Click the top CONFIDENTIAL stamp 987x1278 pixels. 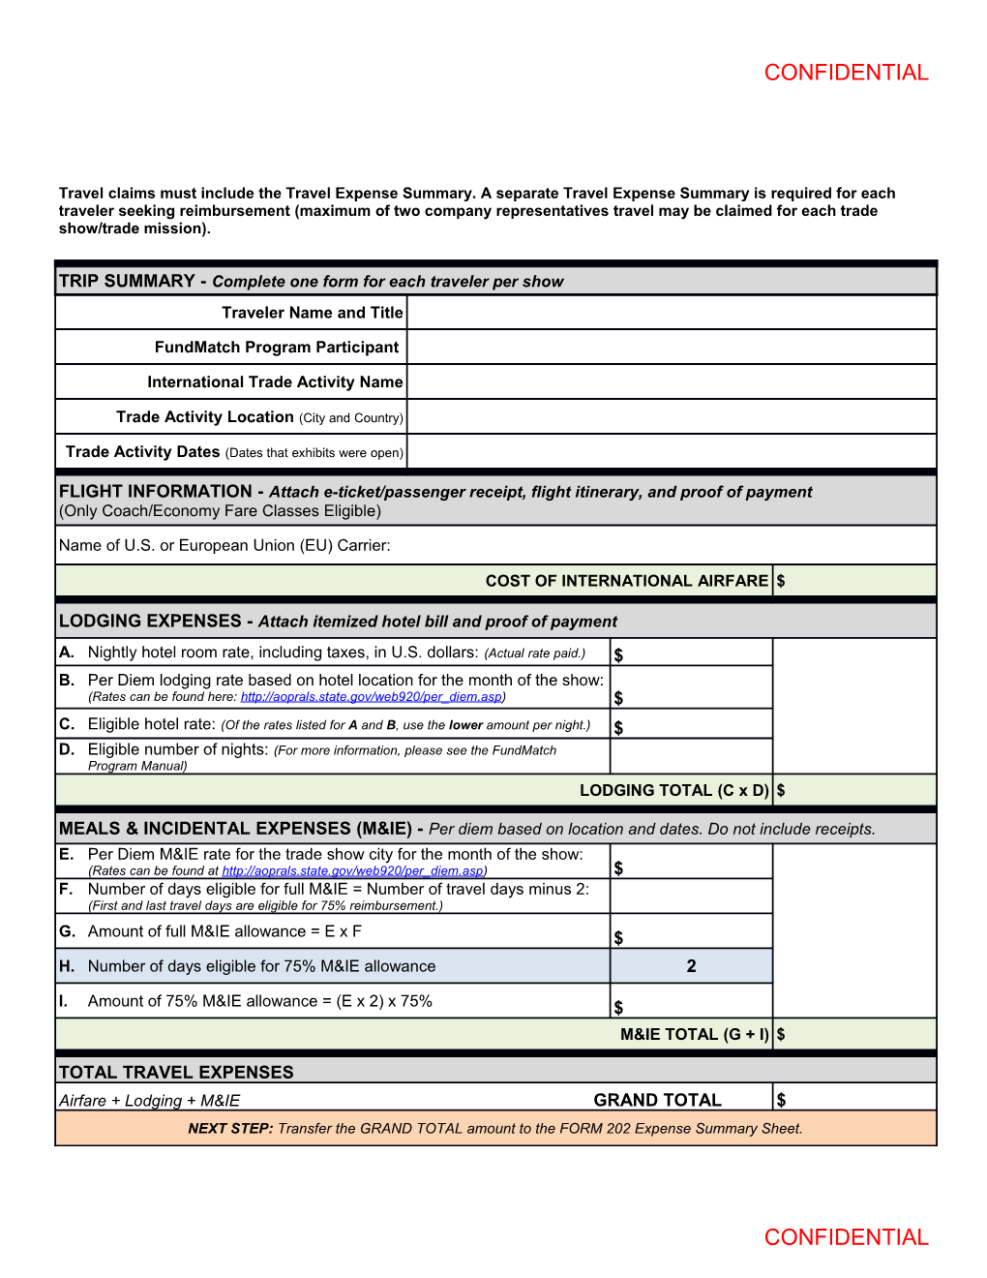pyautogui.click(x=846, y=73)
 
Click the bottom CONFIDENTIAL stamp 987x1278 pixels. pyautogui.click(x=846, y=1237)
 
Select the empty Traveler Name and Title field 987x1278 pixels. pyautogui.click(x=671, y=313)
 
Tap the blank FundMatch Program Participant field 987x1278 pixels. pyautogui.click(x=671, y=348)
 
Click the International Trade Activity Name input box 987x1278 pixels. pyautogui.click(x=671, y=382)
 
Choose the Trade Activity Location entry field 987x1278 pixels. pyautogui.click(x=671, y=417)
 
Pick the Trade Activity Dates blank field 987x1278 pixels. pyautogui.click(x=671, y=452)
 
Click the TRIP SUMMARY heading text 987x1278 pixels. pyautogui.click(x=127, y=281)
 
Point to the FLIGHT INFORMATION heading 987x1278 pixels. pyautogui.click(x=155, y=492)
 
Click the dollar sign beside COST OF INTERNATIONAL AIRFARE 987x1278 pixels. pyautogui.click(x=781, y=582)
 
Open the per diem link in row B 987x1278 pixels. pyautogui.click(x=372, y=697)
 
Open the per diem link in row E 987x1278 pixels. pyautogui.click(x=353, y=871)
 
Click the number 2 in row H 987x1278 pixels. pyautogui.click(x=691, y=966)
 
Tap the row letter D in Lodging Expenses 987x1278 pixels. pyautogui.click(x=66, y=749)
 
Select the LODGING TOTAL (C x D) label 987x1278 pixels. pyautogui.click(x=673, y=791)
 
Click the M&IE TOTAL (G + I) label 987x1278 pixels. pyautogui.click(x=694, y=1035)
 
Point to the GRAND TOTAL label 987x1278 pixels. pyautogui.click(x=657, y=1101)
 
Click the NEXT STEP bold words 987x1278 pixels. pyautogui.click(x=230, y=1129)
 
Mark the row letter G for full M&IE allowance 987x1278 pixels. pyautogui.click(x=67, y=931)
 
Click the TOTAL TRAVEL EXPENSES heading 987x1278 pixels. pyautogui.click(x=176, y=1073)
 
